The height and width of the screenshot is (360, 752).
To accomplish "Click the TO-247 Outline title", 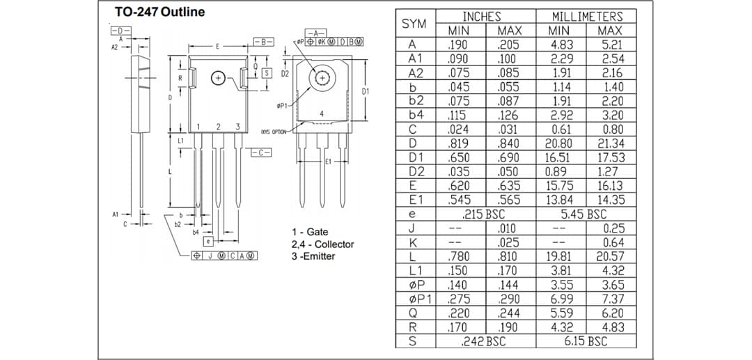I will pyautogui.click(x=160, y=13).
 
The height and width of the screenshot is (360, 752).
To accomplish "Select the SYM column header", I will pyautogui.click(x=414, y=23).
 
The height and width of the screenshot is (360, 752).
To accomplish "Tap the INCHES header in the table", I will pyautogui.click(x=485, y=16).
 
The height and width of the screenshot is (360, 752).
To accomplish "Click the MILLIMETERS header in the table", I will pyautogui.click(x=586, y=16).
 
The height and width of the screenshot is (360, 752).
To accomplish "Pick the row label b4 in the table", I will pyautogui.click(x=416, y=115).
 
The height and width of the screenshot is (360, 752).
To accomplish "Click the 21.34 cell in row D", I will pyautogui.click(x=611, y=143).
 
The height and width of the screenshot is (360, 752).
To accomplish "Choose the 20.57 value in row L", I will pyautogui.click(x=611, y=256).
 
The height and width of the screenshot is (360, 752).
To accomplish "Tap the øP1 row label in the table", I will pyautogui.click(x=416, y=299).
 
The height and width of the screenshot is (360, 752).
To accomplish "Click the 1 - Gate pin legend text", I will pyautogui.click(x=310, y=232).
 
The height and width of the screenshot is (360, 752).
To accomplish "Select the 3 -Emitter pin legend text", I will pyautogui.click(x=313, y=256).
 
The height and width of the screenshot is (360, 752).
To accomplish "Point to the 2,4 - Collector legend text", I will pyautogui.click(x=322, y=244).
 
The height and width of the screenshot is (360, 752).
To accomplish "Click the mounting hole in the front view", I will pyautogui.click(x=218, y=79).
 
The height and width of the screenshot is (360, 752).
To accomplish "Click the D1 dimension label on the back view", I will pyautogui.click(x=365, y=92).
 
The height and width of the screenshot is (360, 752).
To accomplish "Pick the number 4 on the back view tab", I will pyautogui.click(x=321, y=114).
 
